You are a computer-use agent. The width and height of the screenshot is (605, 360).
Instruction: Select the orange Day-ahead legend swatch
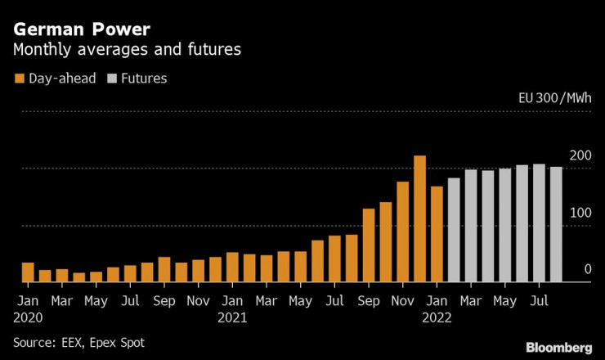coord(19,79)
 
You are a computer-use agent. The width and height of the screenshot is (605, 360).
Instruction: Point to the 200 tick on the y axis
coord(580,155)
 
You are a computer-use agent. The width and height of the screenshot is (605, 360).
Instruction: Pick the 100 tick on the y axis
coord(580,213)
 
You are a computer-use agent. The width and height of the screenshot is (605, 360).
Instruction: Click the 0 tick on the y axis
coord(586,269)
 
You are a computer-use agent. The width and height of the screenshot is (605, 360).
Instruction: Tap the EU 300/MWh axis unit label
coord(554,98)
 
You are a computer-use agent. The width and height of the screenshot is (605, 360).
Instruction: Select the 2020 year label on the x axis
coord(27,315)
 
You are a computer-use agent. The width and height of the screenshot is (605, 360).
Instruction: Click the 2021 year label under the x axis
coord(232,315)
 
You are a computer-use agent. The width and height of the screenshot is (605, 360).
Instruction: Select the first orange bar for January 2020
coord(28,272)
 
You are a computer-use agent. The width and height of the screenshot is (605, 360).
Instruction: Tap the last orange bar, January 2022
coord(437,235)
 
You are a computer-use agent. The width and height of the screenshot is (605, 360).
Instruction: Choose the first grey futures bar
coord(454,230)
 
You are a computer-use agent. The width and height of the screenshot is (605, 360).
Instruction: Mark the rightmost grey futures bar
coord(556,224)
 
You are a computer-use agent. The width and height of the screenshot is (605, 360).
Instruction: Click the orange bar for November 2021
coord(403,232)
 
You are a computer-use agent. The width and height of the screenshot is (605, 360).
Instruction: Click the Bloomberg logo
coord(558,346)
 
